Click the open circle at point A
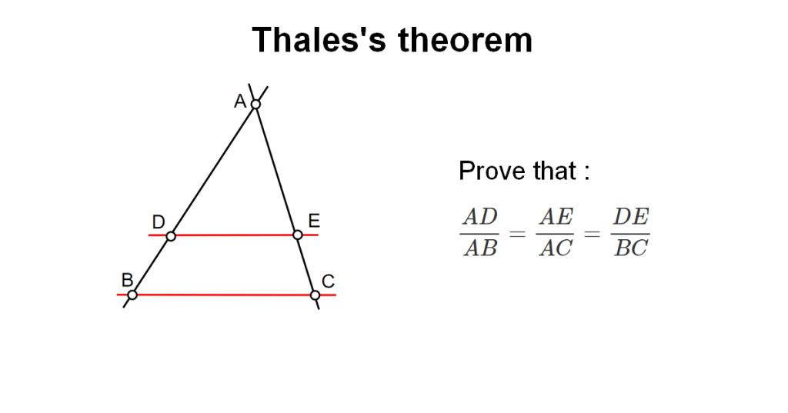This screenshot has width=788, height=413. (255, 104)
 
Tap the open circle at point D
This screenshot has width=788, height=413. (171, 235)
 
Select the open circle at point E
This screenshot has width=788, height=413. (298, 235)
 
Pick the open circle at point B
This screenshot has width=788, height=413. (132, 295)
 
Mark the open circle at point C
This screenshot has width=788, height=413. (315, 295)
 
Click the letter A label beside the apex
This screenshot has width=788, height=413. (240, 102)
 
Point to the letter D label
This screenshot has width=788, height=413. (159, 221)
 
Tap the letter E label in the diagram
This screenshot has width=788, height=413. (314, 221)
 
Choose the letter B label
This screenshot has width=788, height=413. (127, 280)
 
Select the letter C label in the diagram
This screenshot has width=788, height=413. (328, 281)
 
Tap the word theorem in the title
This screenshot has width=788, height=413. (466, 40)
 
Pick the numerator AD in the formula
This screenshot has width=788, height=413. (480, 217)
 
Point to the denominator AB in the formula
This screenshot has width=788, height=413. (480, 248)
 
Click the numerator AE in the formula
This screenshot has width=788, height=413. (556, 217)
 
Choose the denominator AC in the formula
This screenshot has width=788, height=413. (556, 248)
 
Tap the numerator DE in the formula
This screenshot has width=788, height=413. (631, 217)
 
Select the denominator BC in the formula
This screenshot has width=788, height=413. (631, 248)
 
